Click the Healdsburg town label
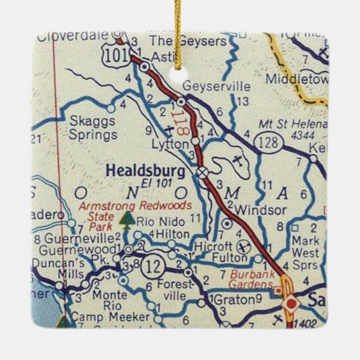tap(146, 170)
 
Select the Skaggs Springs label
tap(93, 128)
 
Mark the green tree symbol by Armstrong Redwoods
tap(128, 220)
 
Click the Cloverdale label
tap(73, 37)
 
